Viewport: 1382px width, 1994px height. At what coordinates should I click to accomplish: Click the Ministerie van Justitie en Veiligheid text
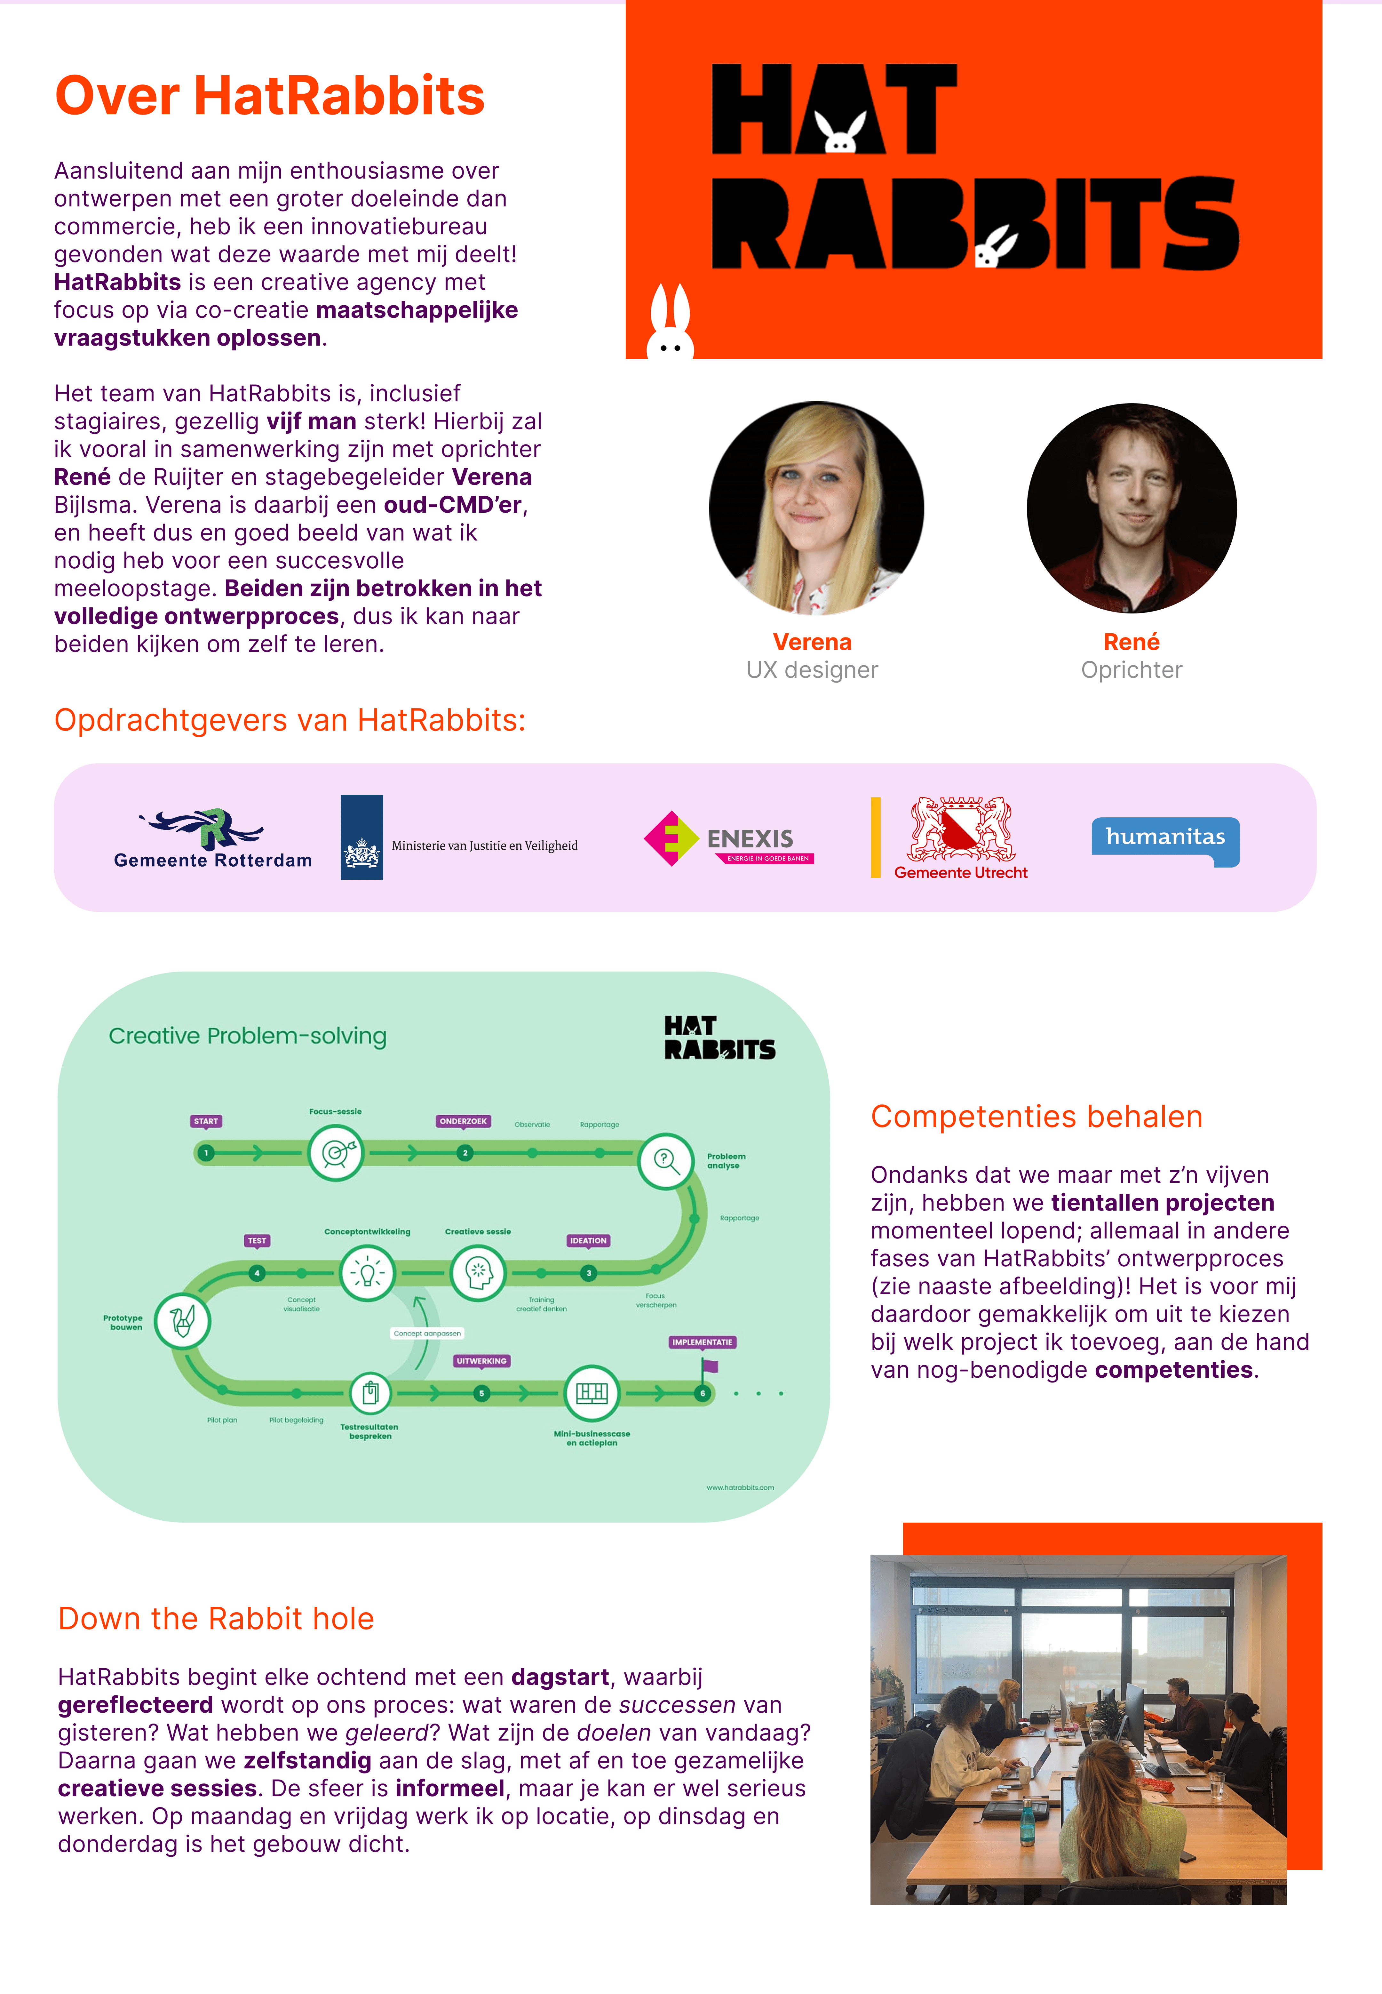coord(484,845)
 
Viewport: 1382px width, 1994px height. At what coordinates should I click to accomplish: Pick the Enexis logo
coord(729,838)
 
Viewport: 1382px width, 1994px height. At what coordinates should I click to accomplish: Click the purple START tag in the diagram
coord(206,1121)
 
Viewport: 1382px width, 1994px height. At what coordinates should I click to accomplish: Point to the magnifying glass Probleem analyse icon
coord(665,1161)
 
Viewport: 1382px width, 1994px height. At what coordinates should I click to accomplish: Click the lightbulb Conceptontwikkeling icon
coord(367,1272)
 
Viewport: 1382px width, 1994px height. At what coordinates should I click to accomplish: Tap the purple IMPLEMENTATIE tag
coord(702,1342)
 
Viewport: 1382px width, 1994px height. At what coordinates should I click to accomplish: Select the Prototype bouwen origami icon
coord(182,1321)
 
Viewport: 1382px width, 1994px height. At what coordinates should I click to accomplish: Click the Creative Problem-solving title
coord(248,1036)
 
